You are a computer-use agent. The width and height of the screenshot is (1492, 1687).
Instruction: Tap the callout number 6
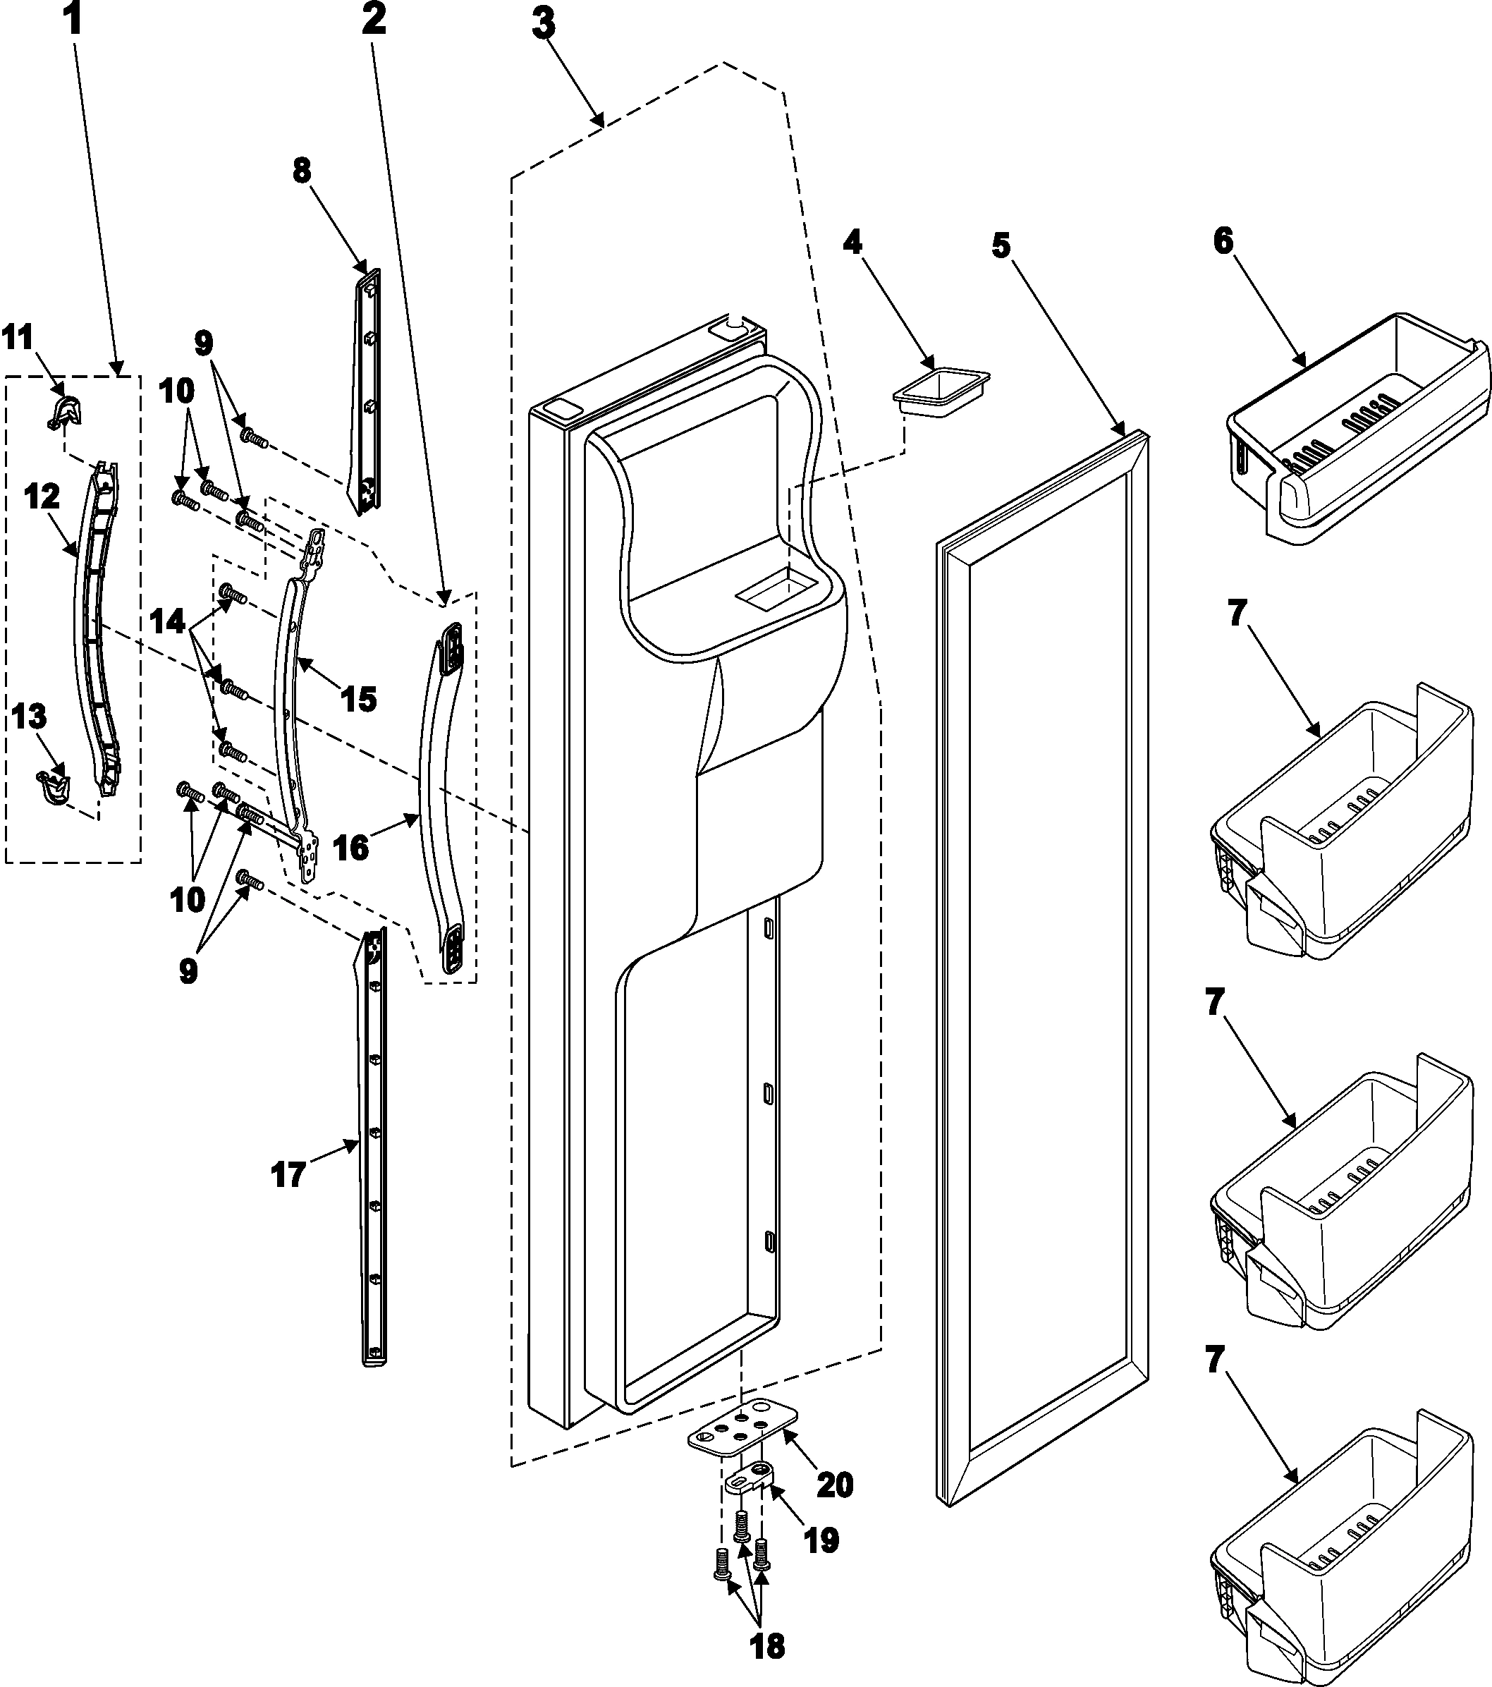click(1222, 242)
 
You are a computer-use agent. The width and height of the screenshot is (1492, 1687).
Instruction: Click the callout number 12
click(42, 499)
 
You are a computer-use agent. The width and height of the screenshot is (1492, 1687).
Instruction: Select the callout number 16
click(353, 847)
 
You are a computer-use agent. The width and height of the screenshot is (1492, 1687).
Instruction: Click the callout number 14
click(169, 621)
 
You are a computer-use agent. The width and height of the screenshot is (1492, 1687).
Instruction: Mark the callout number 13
click(29, 718)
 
